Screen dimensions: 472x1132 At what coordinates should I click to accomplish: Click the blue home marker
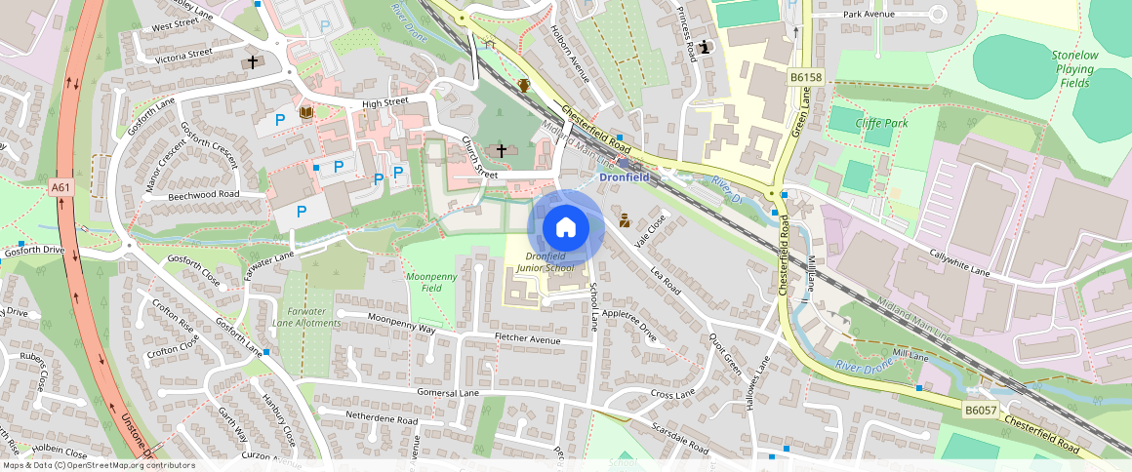[565, 227]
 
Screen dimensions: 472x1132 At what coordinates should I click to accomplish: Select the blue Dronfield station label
[624, 177]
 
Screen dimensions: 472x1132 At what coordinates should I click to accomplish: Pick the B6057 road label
[980, 412]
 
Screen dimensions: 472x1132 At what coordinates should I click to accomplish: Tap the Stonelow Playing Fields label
[1073, 70]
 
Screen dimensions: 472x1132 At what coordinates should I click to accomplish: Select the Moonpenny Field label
[431, 283]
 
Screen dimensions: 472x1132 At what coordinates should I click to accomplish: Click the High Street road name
[384, 103]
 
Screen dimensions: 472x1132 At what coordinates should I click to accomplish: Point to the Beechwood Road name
[203, 194]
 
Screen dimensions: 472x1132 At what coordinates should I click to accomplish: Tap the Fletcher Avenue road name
[527, 339]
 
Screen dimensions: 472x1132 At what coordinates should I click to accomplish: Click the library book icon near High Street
[305, 113]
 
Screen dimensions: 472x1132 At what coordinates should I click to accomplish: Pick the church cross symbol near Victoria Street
[253, 61]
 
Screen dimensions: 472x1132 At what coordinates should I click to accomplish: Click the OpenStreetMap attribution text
[99, 465]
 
